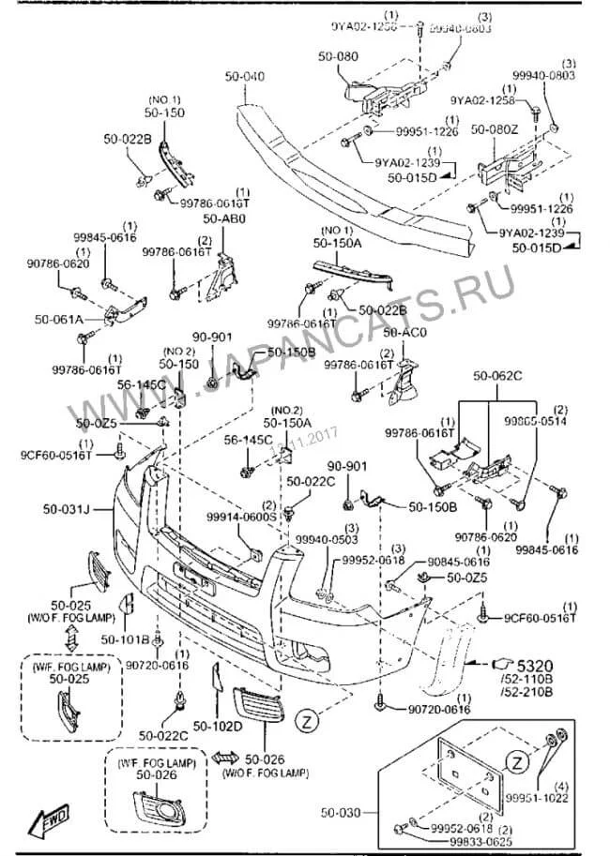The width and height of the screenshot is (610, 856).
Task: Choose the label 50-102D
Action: point(218,725)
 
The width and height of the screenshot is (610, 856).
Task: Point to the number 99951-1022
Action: point(563,797)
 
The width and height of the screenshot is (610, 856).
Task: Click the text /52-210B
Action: point(529,692)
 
